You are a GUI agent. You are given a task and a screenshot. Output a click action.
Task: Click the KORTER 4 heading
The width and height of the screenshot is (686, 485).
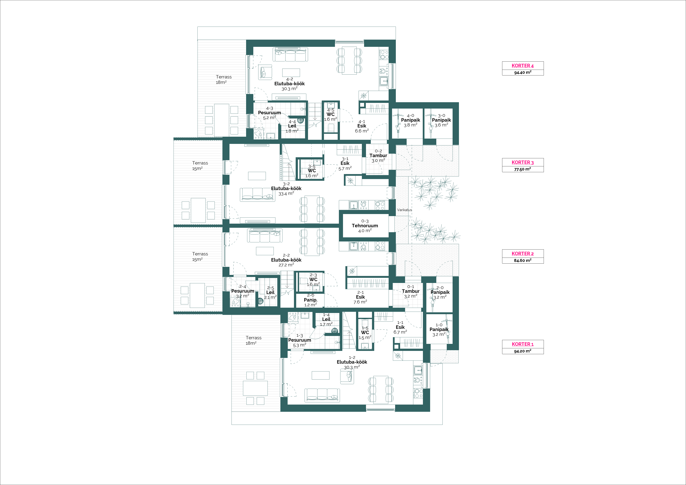tap(523, 66)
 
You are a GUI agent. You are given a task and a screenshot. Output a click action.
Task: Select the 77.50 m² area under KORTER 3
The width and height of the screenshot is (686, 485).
tap(523, 169)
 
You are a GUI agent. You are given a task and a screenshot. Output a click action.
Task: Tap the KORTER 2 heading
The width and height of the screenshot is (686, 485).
tap(523, 254)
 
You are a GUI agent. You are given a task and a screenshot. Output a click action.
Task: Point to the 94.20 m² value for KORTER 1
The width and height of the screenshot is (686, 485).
tap(523, 351)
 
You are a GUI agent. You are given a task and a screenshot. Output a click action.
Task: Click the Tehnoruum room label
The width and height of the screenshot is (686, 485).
tap(365, 226)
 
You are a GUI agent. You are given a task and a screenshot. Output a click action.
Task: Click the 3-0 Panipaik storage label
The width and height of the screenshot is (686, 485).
tap(441, 120)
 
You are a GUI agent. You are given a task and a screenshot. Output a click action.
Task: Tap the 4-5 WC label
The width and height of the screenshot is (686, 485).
tap(330, 114)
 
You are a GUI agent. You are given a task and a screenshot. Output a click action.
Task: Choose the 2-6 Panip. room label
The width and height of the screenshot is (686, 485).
tap(310, 300)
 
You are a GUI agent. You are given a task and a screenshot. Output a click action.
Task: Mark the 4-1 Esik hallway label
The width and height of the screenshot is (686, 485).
tap(362, 126)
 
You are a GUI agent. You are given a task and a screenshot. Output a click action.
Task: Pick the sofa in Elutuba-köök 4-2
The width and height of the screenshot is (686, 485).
tap(290, 55)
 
